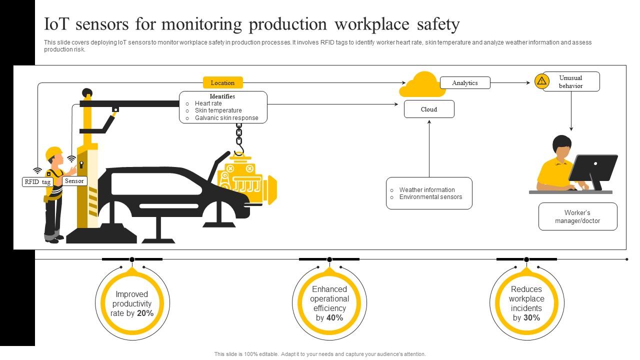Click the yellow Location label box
pyautogui.click(x=222, y=82)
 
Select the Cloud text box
pyautogui.click(x=429, y=109)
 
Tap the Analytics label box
pyautogui.click(x=465, y=83)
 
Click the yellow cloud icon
pyautogui.click(x=422, y=85)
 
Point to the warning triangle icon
pyautogui.click(x=541, y=81)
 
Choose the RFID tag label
pyautogui.click(x=37, y=182)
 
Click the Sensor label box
pyautogui.click(x=74, y=181)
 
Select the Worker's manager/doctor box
pyautogui.click(x=577, y=216)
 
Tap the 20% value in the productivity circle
pyautogui.click(x=145, y=313)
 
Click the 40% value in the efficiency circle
pyautogui.click(x=335, y=317)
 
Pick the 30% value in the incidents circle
pyautogui.click(x=532, y=317)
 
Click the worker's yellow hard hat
pyautogui.click(x=53, y=153)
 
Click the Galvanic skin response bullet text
pyautogui.click(x=226, y=118)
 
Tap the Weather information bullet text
pyautogui.click(x=427, y=190)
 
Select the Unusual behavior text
pyautogui.click(x=570, y=81)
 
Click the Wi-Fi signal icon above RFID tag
pyautogui.click(x=37, y=170)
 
